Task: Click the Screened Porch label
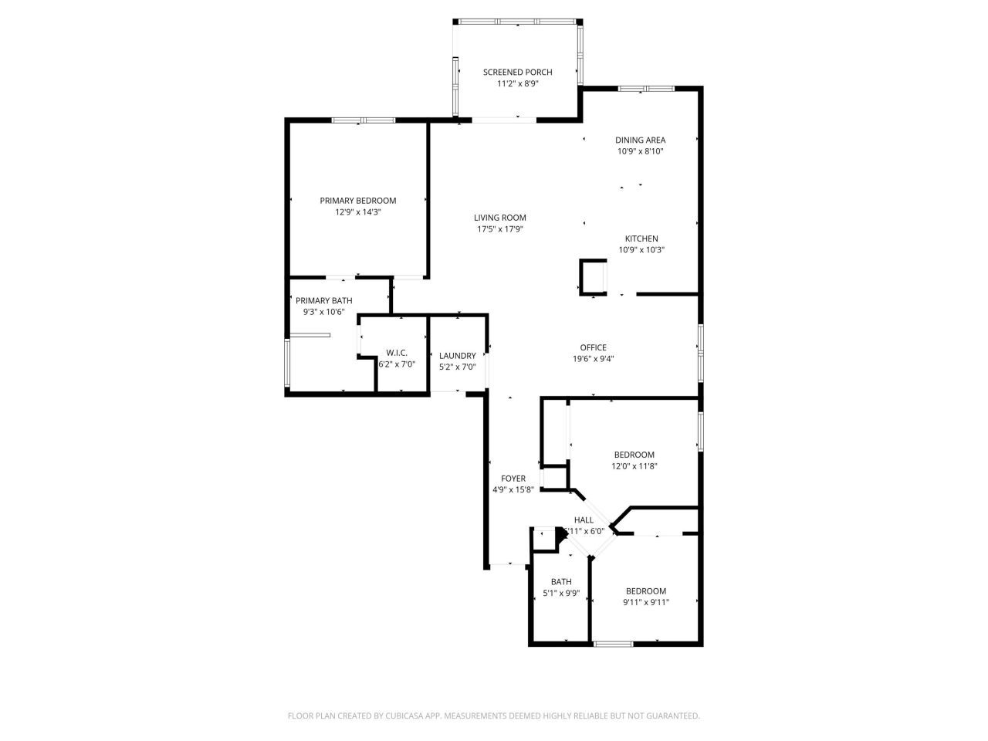517,72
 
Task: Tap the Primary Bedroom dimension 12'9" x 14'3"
357,211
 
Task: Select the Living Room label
499,218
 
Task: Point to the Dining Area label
640,140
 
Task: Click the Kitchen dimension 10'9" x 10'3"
641,250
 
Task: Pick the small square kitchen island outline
593,278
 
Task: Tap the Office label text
593,347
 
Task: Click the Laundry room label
457,356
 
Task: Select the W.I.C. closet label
396,353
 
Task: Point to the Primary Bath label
323,300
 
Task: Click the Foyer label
513,479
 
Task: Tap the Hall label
584,520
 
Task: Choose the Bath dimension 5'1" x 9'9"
561,594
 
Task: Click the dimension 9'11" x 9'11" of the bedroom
645,603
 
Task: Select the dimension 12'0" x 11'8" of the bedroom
634,466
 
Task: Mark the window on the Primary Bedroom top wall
364,120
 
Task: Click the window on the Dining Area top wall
646,89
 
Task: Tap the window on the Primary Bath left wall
288,362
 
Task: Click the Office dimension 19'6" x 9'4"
593,358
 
